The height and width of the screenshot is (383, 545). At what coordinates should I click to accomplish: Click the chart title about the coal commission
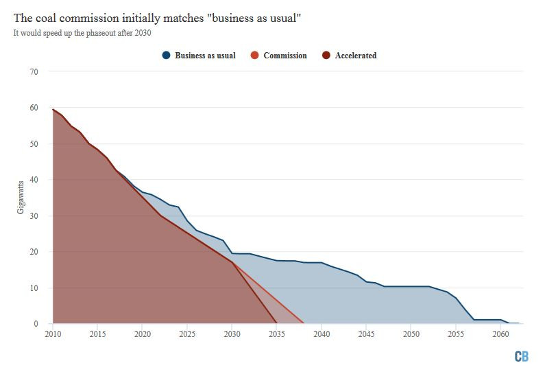coord(156,18)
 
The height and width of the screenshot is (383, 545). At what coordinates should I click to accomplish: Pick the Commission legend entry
coord(285,56)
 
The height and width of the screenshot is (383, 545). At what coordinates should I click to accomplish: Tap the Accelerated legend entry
coord(355,56)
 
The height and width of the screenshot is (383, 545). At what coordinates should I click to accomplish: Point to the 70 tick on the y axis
coord(34,71)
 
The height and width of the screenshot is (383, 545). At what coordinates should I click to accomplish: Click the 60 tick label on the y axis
coord(34,108)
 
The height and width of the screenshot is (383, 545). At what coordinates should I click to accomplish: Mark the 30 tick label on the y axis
coord(34,216)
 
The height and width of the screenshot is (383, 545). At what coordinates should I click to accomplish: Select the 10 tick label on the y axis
coord(34,288)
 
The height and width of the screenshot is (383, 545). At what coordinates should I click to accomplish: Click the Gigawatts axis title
coord(21,198)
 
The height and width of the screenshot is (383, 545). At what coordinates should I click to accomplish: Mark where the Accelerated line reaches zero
coord(277,323)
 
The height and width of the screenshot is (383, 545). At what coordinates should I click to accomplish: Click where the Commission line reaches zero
coord(304,323)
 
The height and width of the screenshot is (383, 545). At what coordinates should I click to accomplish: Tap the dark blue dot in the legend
coord(167,56)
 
